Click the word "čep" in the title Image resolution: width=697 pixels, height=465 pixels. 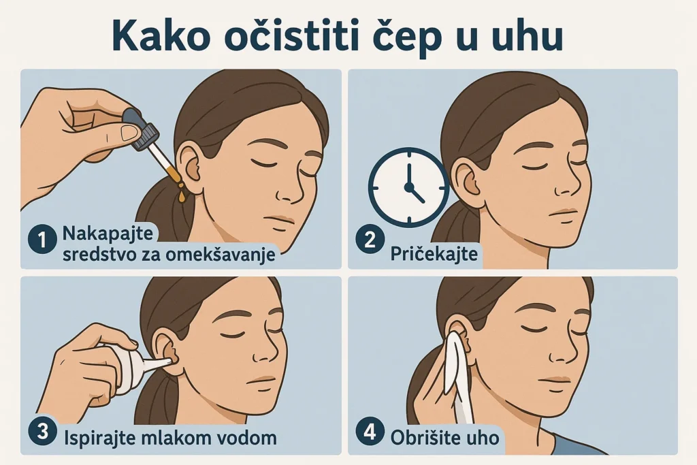[402, 39]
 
